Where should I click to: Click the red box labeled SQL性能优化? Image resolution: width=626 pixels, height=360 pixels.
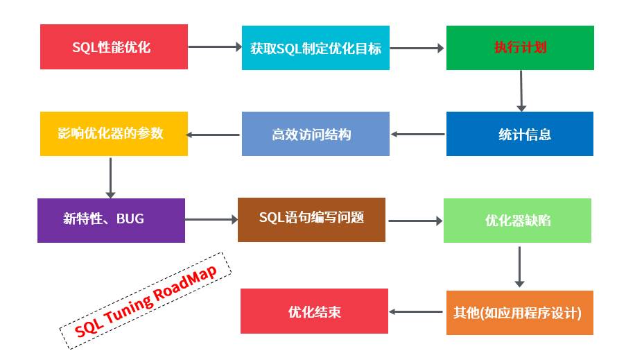pos(114,47)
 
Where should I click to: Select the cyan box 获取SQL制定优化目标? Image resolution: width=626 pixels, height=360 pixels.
pos(315,48)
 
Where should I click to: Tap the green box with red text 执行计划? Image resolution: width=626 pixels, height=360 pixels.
pos(520,48)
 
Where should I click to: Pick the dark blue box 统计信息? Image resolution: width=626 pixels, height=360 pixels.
pos(520,134)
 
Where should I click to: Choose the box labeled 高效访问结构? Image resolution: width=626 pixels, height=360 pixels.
pos(315,134)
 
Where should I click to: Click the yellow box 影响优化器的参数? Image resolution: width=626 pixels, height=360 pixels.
pos(114,134)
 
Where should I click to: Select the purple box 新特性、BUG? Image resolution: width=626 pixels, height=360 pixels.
pos(111,220)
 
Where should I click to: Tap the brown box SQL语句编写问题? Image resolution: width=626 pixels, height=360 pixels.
pos(311,219)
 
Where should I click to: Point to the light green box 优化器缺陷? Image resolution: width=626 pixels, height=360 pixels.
pos(517,221)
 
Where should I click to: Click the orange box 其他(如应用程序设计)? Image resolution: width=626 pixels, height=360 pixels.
pos(519,313)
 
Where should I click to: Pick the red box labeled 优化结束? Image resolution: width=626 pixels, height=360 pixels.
pos(314,311)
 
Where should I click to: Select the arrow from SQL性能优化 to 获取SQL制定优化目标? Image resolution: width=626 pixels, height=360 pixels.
pos(214,47)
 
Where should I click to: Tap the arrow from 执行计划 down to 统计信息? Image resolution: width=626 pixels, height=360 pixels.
pos(521,90)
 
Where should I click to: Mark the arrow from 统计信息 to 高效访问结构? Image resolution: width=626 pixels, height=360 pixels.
pos(418,134)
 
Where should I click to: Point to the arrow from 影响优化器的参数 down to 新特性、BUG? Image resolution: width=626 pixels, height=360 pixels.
pos(110,177)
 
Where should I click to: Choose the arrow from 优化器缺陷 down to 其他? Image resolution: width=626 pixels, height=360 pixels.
pos(519,266)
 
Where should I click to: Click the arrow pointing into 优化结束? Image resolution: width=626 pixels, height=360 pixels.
pos(417,312)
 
